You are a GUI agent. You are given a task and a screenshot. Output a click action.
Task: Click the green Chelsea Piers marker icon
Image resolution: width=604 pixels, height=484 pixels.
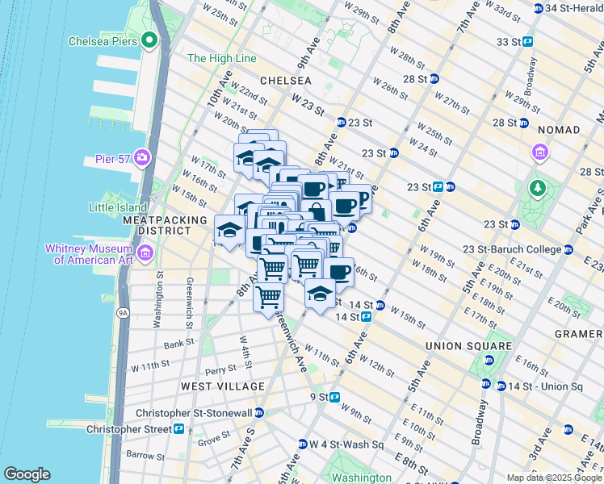coord(149,40)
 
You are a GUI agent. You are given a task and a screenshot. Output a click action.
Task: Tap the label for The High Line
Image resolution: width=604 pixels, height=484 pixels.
coord(221,59)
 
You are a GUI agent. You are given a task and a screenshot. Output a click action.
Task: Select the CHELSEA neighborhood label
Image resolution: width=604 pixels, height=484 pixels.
coord(286,81)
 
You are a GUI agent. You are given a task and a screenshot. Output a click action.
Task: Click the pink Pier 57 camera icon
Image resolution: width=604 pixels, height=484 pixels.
coord(143,156)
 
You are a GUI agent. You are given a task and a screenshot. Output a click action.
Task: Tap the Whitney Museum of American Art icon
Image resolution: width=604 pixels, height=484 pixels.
coord(145,255)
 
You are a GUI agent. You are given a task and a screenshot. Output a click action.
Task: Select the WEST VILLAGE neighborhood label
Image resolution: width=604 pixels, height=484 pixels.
coord(223,386)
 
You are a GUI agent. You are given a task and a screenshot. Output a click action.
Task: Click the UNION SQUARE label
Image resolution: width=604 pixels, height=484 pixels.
coord(468,346)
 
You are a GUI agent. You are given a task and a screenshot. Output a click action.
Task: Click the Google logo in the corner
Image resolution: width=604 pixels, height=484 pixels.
coord(27,474)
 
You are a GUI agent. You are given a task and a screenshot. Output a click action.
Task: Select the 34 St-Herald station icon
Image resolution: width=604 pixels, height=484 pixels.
coord(539,8)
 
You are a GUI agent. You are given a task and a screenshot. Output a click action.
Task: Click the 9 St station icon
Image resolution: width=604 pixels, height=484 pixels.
coord(334,397)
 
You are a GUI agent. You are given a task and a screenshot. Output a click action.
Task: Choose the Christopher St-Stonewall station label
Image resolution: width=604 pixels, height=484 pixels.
coord(205,413)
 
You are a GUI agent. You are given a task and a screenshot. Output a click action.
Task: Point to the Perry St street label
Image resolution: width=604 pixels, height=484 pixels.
coord(220,370)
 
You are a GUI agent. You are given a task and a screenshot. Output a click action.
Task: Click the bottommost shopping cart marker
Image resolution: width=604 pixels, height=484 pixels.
coord(269,297)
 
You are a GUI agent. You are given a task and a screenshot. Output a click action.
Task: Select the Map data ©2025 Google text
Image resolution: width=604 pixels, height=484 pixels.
coord(553,478)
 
